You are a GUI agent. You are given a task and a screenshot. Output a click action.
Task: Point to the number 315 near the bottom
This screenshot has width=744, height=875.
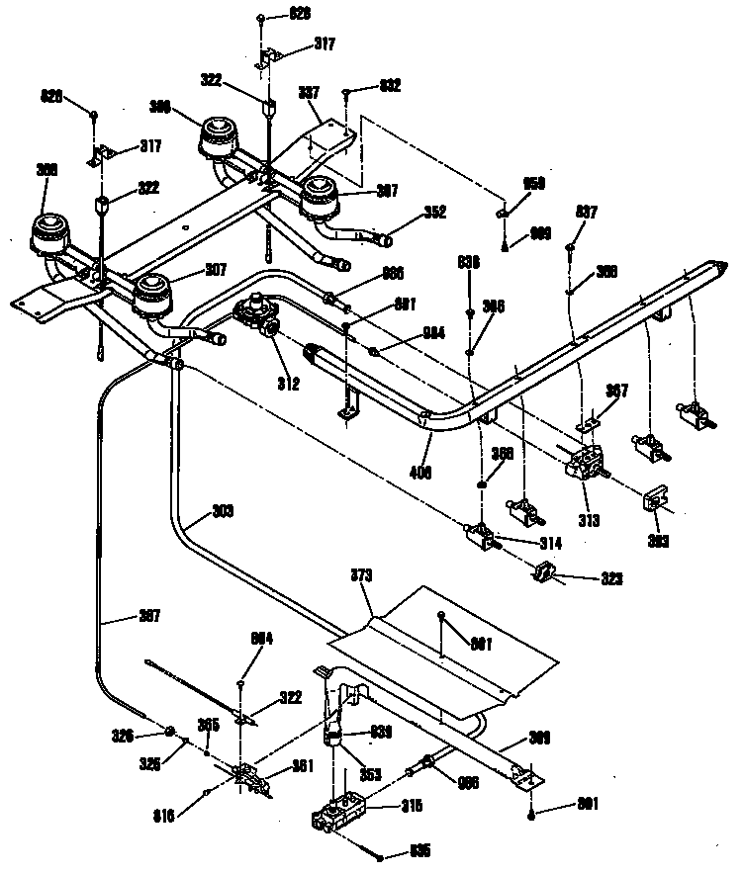(x=412, y=806)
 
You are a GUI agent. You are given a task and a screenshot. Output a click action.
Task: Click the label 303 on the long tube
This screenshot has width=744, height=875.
(x=224, y=512)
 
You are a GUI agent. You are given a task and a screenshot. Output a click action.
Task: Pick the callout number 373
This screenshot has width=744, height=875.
(x=363, y=574)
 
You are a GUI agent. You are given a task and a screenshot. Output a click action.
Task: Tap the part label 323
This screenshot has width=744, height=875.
(x=612, y=579)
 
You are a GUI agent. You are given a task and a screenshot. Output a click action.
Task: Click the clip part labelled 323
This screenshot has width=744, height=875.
(x=545, y=571)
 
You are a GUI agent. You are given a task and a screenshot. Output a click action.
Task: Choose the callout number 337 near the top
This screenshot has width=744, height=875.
(x=310, y=93)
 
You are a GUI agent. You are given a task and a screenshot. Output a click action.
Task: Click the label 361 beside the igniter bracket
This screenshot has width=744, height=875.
(x=303, y=766)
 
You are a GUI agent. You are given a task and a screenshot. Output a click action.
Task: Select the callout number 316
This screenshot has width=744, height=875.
(x=164, y=816)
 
